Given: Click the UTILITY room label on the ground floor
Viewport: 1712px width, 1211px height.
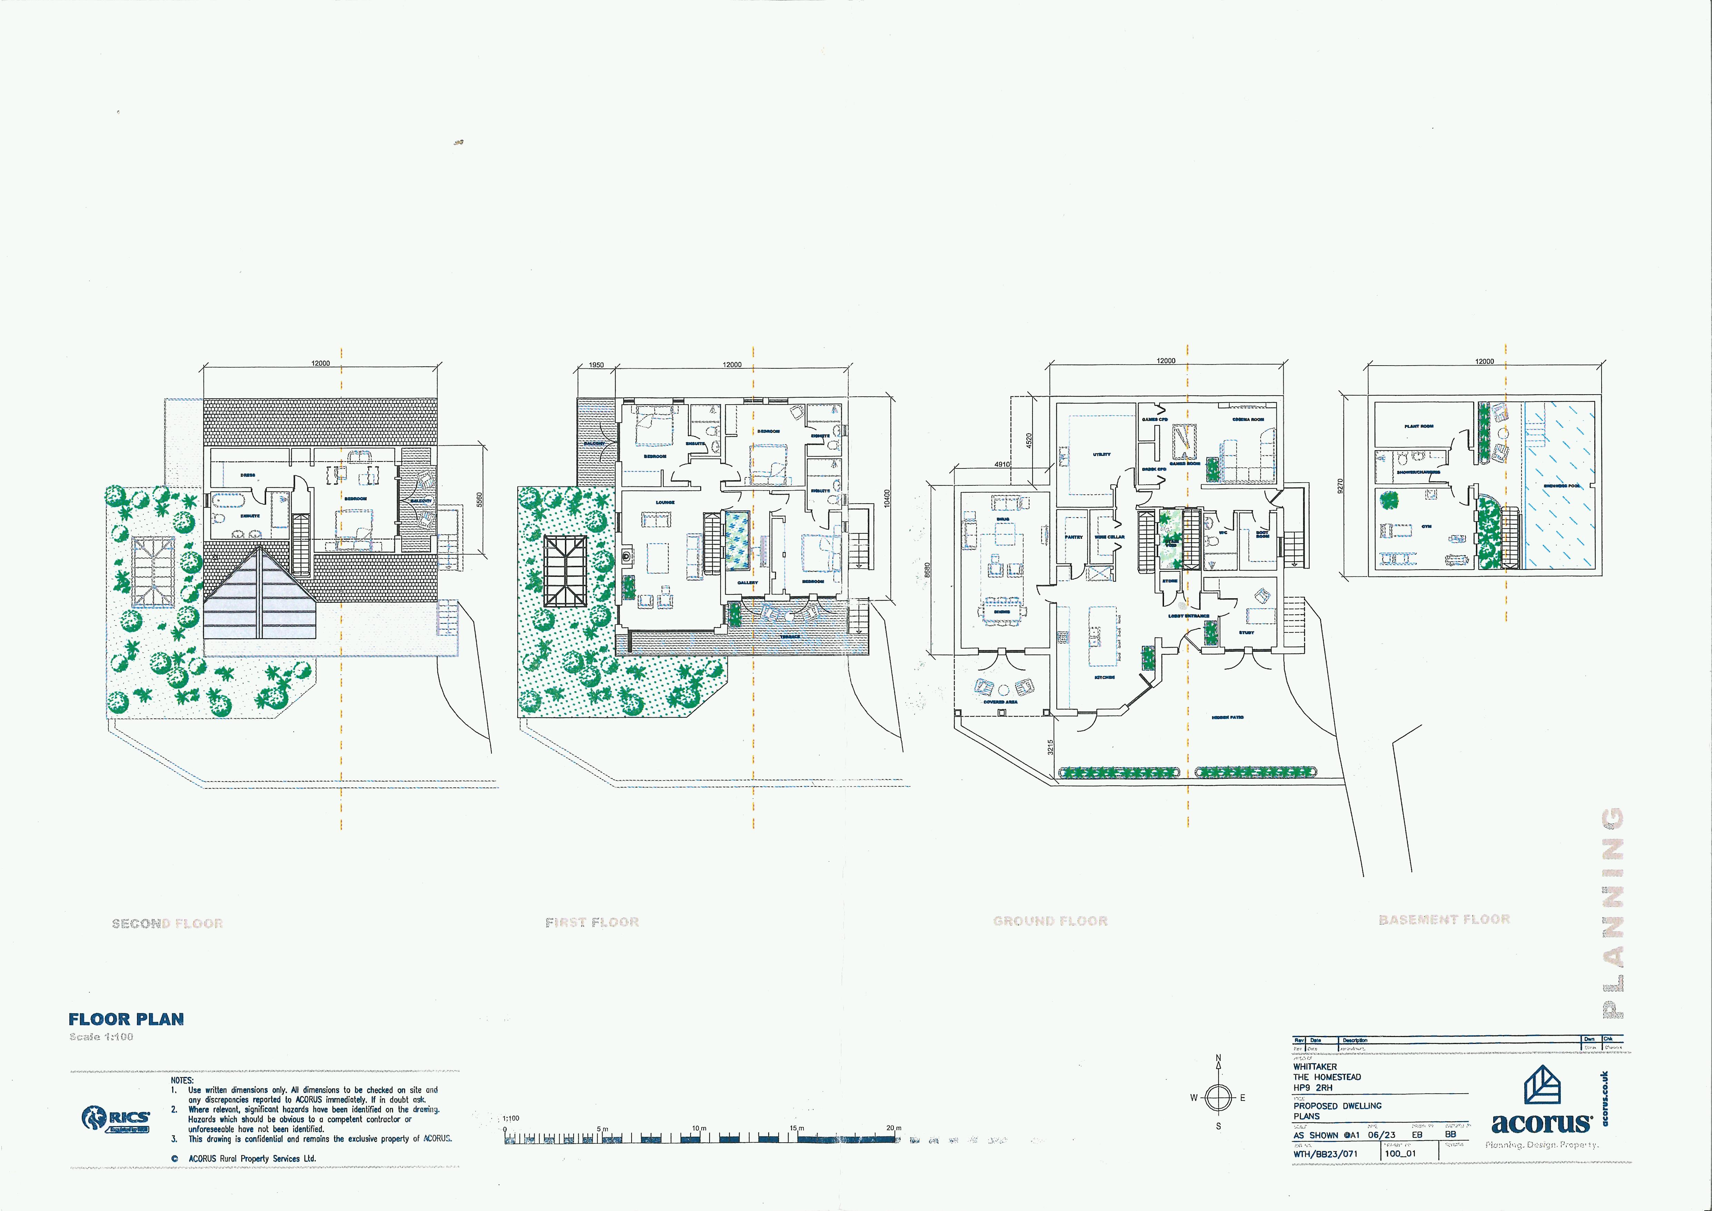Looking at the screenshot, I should [x=1101, y=454].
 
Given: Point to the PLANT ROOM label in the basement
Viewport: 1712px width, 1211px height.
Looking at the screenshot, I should [x=1419, y=427].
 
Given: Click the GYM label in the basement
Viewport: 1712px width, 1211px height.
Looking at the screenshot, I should [x=1426, y=526].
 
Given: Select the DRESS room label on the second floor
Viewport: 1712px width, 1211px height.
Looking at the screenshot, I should [x=247, y=475].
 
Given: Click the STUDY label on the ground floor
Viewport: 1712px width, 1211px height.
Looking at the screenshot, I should [x=1247, y=632].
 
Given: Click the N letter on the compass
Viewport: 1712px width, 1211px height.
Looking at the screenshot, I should [x=1219, y=1058].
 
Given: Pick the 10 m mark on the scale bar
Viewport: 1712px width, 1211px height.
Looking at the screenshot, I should [x=699, y=1128].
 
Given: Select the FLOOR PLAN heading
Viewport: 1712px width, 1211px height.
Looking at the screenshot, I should [x=126, y=1019].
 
